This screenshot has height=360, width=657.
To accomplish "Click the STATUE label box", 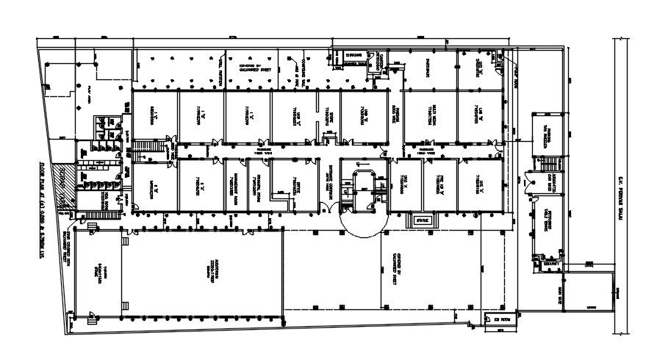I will point(423,219).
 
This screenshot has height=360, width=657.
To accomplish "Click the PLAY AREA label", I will point(89,92).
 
